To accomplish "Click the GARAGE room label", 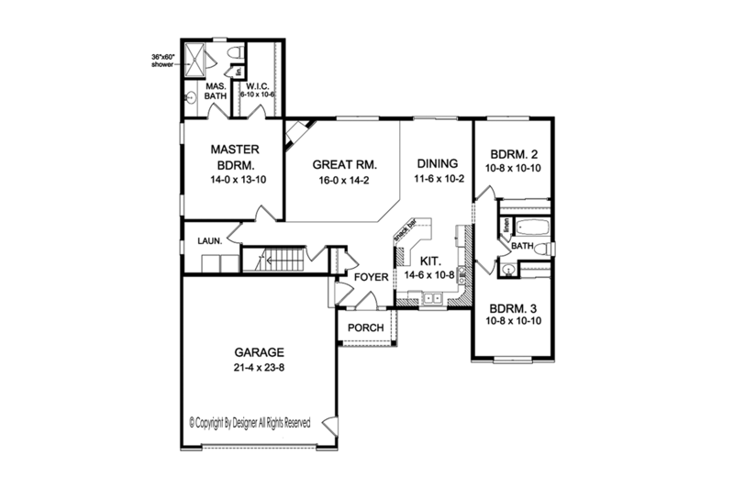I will click(258, 351).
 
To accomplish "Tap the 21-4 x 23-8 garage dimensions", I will click(258, 368).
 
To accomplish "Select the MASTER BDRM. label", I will click(234, 156).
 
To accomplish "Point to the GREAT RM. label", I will click(345, 165).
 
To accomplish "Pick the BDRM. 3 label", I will click(514, 309).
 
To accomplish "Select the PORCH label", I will click(365, 328).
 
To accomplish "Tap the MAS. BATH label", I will click(217, 89).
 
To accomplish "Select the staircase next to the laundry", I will click(280, 260).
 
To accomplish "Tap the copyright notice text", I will click(250, 423).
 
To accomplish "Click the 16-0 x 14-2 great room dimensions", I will click(345, 182).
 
